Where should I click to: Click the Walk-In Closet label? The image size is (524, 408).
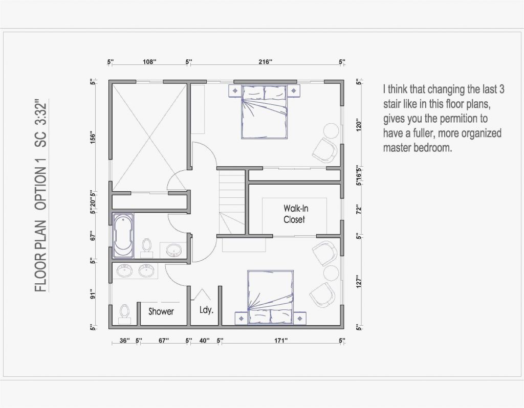tap(295, 214)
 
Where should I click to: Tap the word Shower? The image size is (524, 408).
tap(161, 311)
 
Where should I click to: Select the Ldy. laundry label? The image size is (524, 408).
tap(206, 310)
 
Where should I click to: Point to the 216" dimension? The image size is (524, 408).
tap(265, 62)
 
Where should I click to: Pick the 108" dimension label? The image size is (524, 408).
tap(148, 62)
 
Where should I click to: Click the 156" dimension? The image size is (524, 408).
tap(93, 138)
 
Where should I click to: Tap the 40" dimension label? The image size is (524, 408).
tap(205, 340)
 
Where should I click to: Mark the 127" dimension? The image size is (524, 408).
tap(360, 283)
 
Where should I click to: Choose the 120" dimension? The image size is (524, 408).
tap(360, 126)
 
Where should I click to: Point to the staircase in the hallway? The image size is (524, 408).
tap(232, 202)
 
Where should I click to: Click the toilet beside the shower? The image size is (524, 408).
tap(124, 313)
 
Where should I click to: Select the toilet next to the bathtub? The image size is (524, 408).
tap(147, 244)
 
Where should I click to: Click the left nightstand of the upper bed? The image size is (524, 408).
tap(235, 90)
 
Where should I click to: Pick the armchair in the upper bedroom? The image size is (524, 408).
tap(324, 150)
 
